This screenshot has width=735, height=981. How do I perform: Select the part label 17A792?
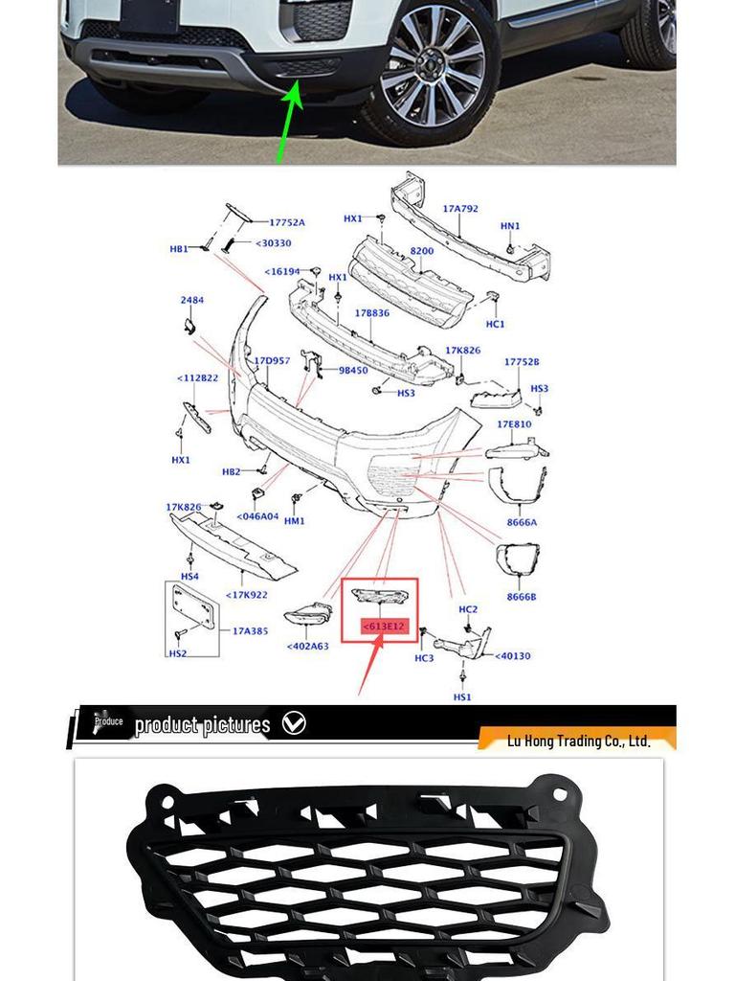point(459,208)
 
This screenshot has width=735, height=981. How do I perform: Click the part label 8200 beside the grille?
point(422,251)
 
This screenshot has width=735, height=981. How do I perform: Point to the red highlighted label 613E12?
point(384,627)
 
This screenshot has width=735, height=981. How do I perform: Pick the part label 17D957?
point(271,361)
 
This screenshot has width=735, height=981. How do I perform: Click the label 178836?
point(371,313)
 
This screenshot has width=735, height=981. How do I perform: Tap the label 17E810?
point(514,424)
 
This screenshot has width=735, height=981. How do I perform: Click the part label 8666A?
point(522,523)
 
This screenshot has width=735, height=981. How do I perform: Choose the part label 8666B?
point(522,597)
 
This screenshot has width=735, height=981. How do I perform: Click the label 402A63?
point(307,646)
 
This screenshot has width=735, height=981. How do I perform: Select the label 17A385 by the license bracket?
point(250,631)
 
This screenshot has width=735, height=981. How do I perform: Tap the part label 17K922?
point(246,595)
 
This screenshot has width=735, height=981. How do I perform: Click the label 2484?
point(191,300)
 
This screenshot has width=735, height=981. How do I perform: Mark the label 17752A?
point(286,222)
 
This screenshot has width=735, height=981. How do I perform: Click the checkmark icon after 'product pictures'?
point(294,723)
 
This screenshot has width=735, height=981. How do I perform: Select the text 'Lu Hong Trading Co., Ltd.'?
point(578,741)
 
